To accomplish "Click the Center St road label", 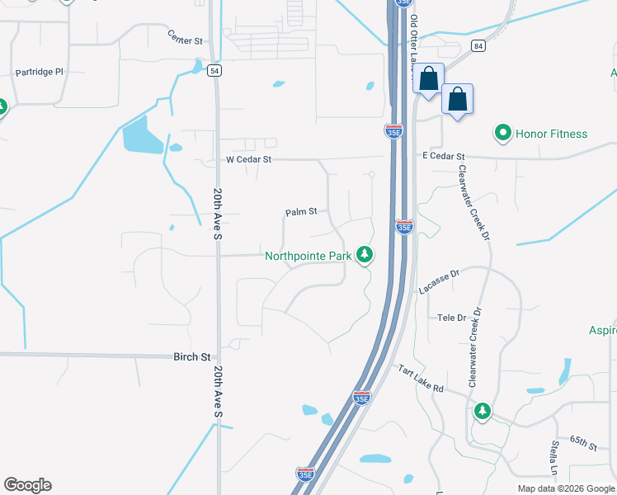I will point(185,37).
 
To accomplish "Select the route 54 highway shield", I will point(214,71).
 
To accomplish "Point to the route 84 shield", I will point(478,45).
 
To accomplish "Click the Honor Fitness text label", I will point(551,134).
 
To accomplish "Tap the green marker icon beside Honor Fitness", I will point(502,133).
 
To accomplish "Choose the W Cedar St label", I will point(249,158).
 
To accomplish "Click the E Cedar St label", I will point(444,156).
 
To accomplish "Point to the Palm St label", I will point(301,212).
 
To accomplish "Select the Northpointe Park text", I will point(308,256).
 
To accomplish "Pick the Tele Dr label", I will point(451,318).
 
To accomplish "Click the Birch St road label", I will point(191,357).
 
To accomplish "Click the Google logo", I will point(27,485).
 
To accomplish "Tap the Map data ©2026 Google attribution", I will point(564,488).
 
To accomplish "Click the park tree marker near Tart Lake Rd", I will point(483,411).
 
